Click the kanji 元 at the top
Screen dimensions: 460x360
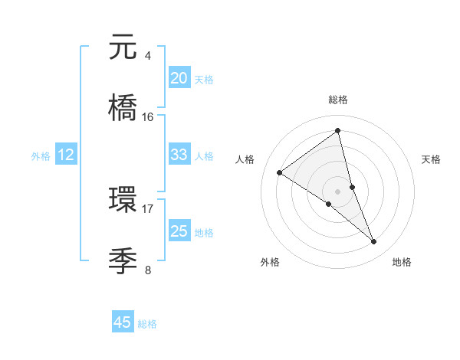pos(123,48)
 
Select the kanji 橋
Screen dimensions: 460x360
pos(123,108)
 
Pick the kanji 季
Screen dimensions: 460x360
pos(123,260)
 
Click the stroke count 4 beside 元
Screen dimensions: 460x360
pos(147,56)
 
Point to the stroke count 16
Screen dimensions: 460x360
pos(148,116)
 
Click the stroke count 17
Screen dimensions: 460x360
pos(148,208)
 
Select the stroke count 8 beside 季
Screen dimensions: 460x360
pos(147,269)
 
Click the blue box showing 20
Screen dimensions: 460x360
pos(179,78)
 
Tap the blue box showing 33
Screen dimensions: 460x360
pos(179,155)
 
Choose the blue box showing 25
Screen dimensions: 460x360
pos(179,231)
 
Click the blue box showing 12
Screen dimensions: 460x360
pos(65,155)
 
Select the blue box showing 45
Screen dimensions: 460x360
pos(123,322)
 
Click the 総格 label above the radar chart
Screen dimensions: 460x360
pos(337,100)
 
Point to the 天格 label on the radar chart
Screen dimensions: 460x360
pos(432,159)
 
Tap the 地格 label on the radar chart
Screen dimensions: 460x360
pos(402,262)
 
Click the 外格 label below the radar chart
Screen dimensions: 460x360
pos(270,262)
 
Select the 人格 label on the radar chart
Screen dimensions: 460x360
pos(245,159)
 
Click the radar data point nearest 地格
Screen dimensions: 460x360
pos(374,242)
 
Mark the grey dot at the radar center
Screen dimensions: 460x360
pos(337,191)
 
